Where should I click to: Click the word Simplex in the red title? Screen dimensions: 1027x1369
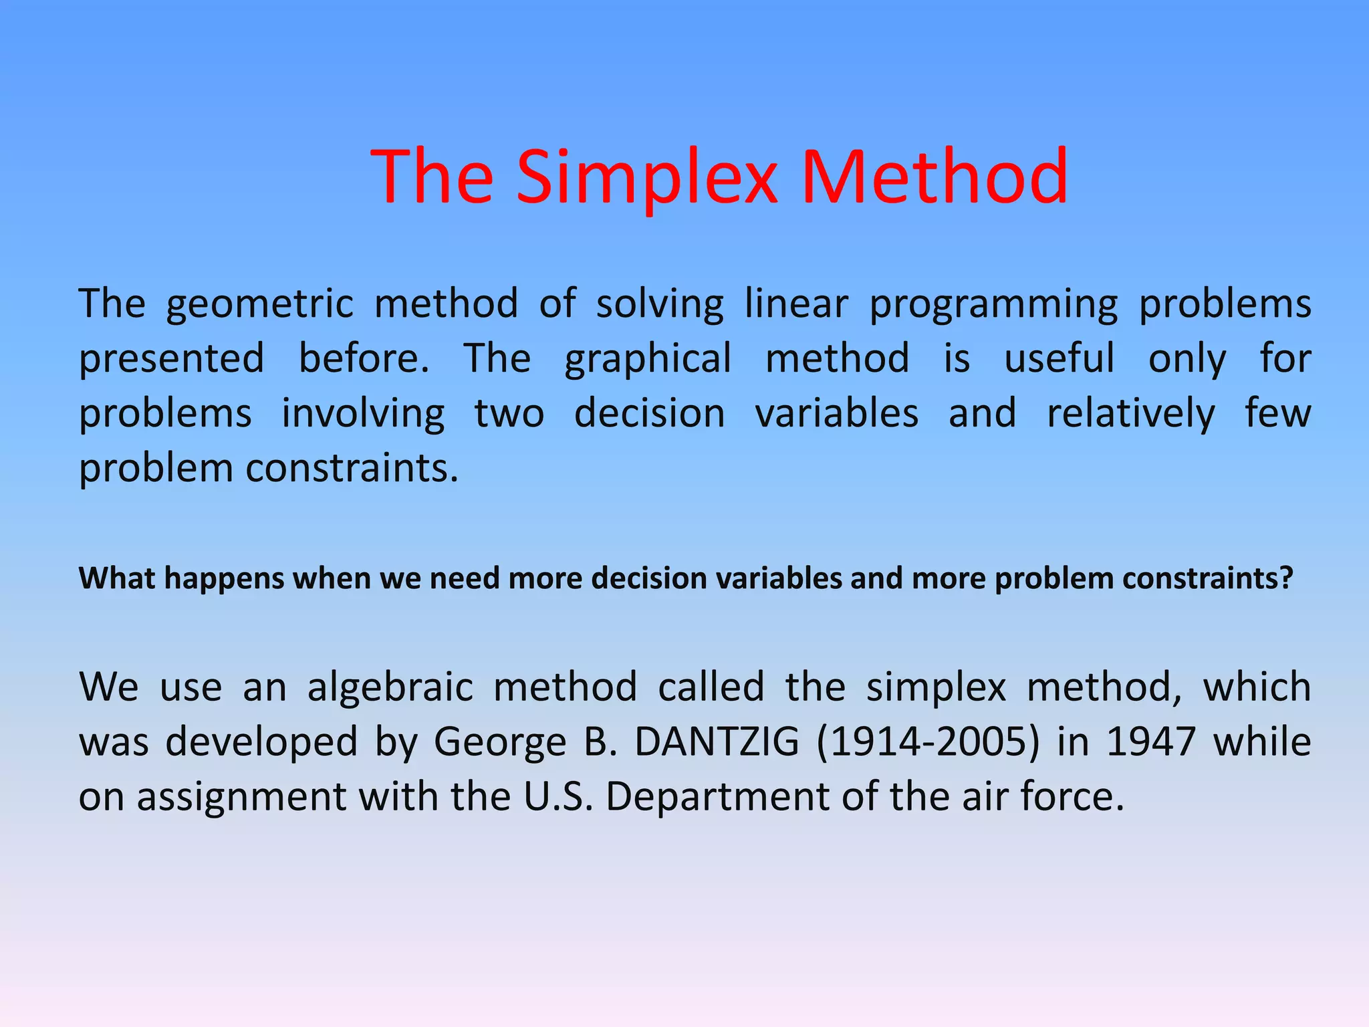click(x=647, y=178)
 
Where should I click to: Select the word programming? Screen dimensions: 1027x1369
click(x=993, y=305)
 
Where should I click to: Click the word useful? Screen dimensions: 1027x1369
click(x=1060, y=358)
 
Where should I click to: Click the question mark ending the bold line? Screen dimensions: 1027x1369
click(x=1287, y=578)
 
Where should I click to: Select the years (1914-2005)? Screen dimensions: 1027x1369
click(x=928, y=742)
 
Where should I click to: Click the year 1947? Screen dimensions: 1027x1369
click(x=1150, y=742)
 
